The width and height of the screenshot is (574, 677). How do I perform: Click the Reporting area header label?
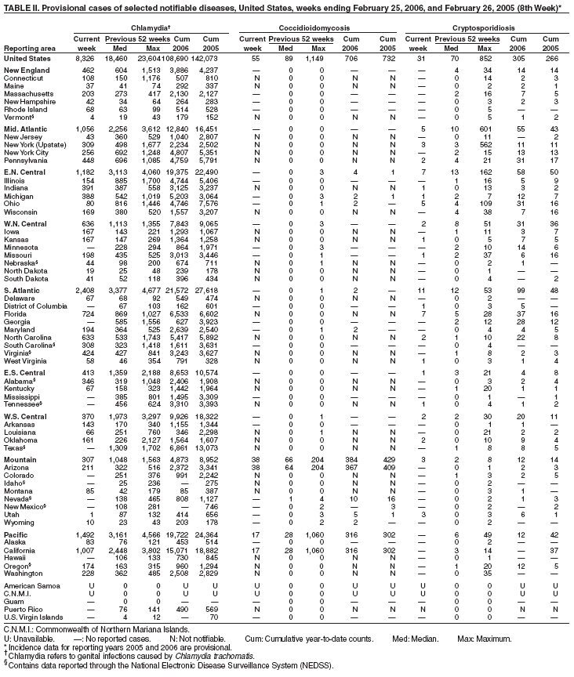[x=28, y=47]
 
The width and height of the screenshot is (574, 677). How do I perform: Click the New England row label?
[x=27, y=71]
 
